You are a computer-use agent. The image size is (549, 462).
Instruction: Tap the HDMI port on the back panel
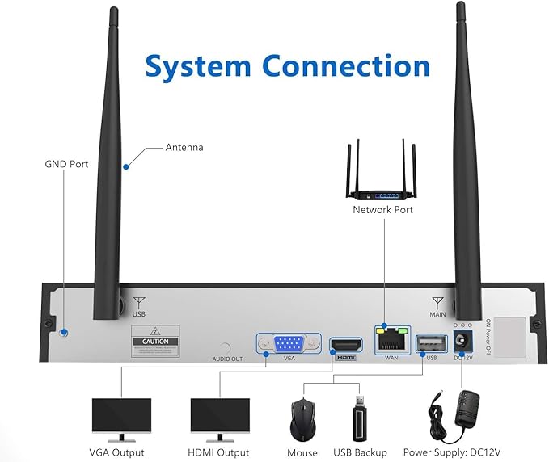[344, 345]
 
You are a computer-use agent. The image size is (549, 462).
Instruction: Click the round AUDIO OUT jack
[227, 346]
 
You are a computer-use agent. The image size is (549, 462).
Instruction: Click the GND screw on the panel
[64, 332]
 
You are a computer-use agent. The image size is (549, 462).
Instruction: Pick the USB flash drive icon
[360, 419]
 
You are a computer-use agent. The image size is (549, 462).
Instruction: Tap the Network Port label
[382, 210]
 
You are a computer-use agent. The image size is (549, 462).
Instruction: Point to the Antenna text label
[184, 148]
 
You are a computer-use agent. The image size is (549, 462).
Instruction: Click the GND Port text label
[66, 164]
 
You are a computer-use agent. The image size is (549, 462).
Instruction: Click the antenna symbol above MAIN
[438, 304]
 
